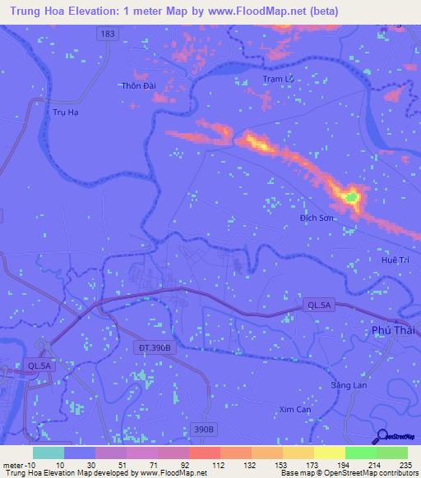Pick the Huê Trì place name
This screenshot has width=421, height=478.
click(395, 260)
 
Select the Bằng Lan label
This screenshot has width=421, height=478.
click(348, 385)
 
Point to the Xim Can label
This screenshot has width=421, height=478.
click(295, 409)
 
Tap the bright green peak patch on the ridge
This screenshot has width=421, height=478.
click(351, 196)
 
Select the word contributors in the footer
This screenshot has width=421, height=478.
click(396, 473)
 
